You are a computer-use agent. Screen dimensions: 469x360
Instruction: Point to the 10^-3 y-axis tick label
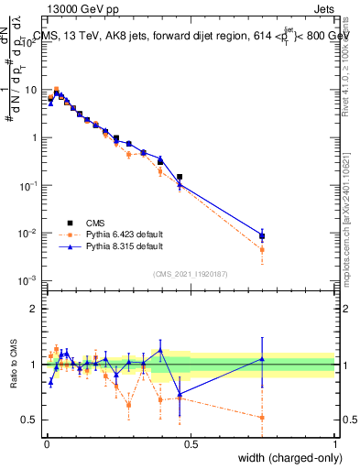tap(29, 280)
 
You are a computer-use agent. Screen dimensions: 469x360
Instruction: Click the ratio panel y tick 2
tap(34, 309)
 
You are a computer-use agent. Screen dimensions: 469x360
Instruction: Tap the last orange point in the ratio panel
tap(262, 418)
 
